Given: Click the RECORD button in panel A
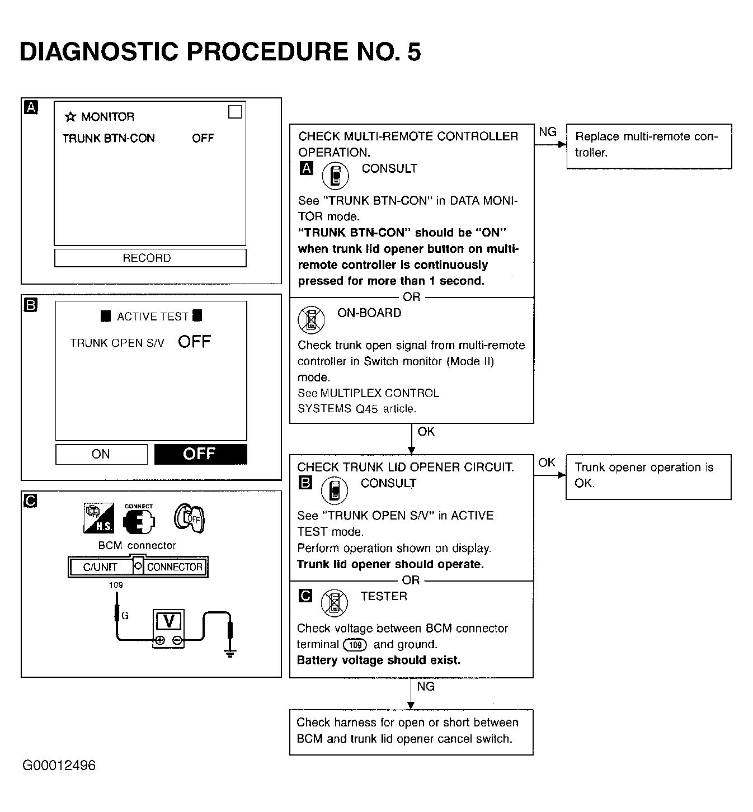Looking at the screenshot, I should pyautogui.click(x=150, y=258).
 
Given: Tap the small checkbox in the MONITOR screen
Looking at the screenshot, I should pyautogui.click(x=235, y=112).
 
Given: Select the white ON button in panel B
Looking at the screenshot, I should pyautogui.click(x=101, y=454).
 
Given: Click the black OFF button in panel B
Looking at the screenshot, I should pyautogui.click(x=200, y=454).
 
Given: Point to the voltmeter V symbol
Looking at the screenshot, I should pyautogui.click(x=168, y=622).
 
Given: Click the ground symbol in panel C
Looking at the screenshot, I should pyautogui.click(x=229, y=652).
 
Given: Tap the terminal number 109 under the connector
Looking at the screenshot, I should pyautogui.click(x=116, y=585).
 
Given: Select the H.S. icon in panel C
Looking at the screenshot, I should pyautogui.click(x=98, y=518).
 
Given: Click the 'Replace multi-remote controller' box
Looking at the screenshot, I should pyautogui.click(x=648, y=146).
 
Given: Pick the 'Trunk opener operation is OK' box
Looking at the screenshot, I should pyautogui.click(x=648, y=476).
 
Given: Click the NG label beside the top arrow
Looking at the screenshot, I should pyautogui.click(x=548, y=132).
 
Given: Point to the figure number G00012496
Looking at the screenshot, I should pyautogui.click(x=59, y=766).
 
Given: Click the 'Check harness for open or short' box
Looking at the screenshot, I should pyautogui.click(x=411, y=731).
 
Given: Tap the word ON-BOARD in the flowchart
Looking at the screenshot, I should pyautogui.click(x=369, y=313).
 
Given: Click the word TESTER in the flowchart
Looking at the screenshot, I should pyautogui.click(x=384, y=597).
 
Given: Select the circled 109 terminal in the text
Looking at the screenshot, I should pyautogui.click(x=355, y=645).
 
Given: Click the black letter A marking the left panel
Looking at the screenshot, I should pyautogui.click(x=31, y=107).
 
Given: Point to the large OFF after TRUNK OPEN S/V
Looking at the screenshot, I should pyautogui.click(x=194, y=342).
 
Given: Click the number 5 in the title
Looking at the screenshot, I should pyautogui.click(x=413, y=52).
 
